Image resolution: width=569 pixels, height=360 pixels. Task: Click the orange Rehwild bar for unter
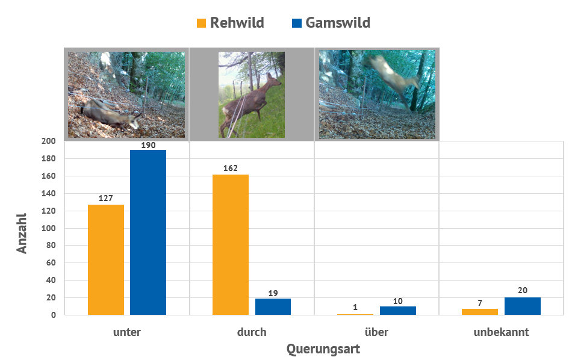coord(106,259)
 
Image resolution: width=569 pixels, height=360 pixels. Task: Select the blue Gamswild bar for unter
coord(148,232)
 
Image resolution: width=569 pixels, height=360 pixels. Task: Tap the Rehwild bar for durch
coord(231,244)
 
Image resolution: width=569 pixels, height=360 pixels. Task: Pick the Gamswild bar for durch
coord(273,306)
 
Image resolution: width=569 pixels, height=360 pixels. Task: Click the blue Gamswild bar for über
coord(398,310)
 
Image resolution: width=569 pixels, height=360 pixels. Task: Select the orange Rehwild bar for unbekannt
coord(480,312)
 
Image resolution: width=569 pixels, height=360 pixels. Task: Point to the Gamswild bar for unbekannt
coord(523,306)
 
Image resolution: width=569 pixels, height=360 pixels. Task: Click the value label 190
coord(148,145)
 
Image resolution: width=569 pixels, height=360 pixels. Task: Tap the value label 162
coord(231,169)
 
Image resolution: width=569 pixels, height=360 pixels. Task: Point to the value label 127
coord(106,198)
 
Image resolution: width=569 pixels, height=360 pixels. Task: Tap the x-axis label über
coord(377,332)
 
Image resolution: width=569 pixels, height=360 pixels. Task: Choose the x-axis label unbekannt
coord(501,332)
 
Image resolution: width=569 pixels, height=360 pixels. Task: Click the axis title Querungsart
coord(323,349)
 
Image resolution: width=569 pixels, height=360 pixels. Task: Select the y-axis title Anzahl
coord(22,232)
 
